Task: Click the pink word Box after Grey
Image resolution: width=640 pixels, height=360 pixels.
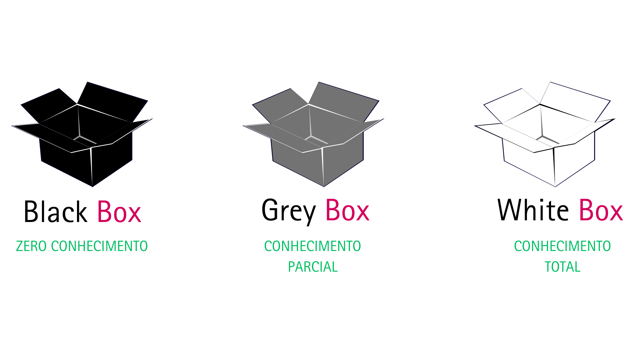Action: pyautogui.click(x=347, y=210)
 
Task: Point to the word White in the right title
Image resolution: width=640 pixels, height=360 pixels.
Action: pyautogui.click(x=533, y=210)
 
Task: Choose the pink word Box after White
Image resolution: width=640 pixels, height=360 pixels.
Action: pyautogui.click(x=601, y=210)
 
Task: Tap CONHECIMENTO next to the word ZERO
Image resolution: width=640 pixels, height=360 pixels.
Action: pyautogui.click(x=99, y=246)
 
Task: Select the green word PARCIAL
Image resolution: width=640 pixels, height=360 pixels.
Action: pyautogui.click(x=313, y=267)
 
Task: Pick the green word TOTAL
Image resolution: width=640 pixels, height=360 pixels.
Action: pyautogui.click(x=562, y=267)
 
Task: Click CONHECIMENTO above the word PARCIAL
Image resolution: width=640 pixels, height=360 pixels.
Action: pyautogui.click(x=312, y=246)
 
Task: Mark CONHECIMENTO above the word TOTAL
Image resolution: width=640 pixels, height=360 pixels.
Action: pyautogui.click(x=562, y=246)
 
